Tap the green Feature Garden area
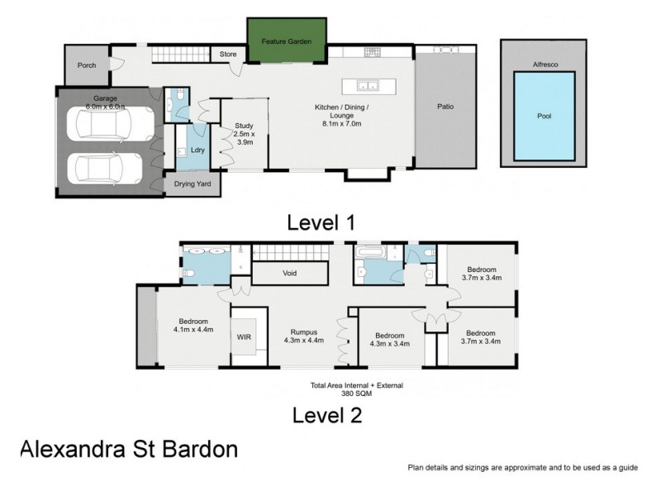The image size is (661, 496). (286, 41)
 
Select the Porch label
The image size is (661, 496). (87, 65)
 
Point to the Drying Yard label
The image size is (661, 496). (192, 184)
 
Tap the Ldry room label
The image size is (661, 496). (197, 150)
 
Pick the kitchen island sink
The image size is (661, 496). (368, 84)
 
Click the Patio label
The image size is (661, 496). (445, 107)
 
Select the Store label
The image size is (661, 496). (228, 55)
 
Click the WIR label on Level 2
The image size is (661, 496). (244, 336)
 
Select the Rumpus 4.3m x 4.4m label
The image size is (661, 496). (303, 336)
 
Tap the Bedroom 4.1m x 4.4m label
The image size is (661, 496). (193, 325)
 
